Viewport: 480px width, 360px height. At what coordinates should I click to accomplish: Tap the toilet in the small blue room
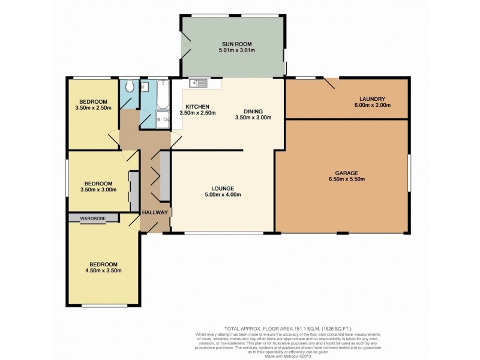tap(128, 88)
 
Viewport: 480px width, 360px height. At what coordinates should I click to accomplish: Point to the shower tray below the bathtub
tap(163, 119)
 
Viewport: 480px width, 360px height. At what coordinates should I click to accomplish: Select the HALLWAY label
tap(155, 212)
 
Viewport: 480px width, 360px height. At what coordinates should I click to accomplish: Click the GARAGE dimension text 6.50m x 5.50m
tap(347, 179)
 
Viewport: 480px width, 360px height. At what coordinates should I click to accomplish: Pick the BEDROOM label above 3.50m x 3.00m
tap(98, 183)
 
